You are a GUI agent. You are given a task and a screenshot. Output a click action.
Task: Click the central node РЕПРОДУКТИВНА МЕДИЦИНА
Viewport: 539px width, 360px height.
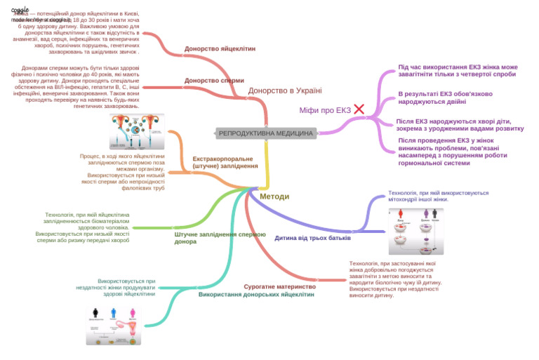tap(266, 133)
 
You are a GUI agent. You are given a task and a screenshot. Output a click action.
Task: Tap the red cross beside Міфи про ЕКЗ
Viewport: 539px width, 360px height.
tap(359, 109)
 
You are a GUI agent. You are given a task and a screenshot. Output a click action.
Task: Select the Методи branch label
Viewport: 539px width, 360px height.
tap(274, 196)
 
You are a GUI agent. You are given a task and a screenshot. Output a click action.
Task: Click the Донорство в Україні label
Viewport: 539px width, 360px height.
tap(285, 91)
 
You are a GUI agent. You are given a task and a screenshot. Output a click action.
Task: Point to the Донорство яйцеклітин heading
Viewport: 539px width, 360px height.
tap(220, 49)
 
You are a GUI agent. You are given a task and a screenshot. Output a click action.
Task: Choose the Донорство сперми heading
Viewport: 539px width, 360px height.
tap(214, 81)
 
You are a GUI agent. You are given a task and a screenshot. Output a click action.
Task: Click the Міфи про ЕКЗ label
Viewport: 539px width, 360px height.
tap(325, 110)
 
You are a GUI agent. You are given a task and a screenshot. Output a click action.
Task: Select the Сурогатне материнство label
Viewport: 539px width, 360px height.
tap(279, 286)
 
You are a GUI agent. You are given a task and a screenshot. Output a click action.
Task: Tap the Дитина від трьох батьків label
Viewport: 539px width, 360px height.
tap(312, 238)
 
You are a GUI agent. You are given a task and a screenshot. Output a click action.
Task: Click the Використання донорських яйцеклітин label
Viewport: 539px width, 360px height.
tap(256, 295)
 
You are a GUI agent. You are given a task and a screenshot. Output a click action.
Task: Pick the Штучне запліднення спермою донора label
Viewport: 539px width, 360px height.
tap(220, 238)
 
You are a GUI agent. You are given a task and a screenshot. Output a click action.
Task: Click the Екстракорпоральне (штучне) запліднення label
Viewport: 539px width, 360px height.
tap(225, 163)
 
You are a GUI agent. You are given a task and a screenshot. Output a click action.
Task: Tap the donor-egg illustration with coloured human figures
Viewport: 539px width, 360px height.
tap(116, 326)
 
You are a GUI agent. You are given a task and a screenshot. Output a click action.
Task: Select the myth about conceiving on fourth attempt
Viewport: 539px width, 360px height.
tap(458, 70)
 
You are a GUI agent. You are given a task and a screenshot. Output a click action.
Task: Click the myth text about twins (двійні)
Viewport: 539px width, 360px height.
tap(445, 98)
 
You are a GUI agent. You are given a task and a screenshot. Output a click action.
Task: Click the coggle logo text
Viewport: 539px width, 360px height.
tap(20, 10)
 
